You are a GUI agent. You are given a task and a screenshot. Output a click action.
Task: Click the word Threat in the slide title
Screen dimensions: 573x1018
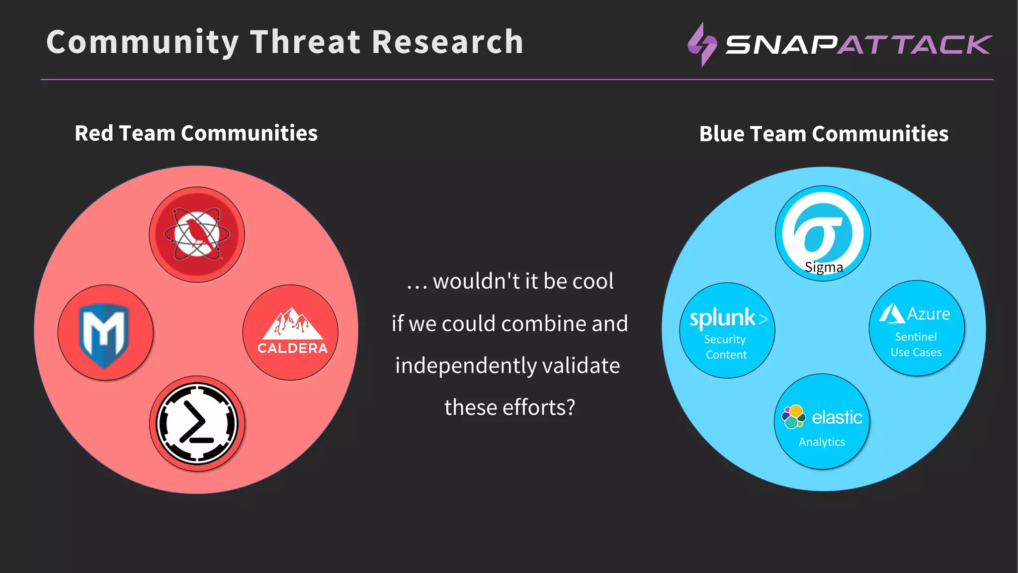[305, 42]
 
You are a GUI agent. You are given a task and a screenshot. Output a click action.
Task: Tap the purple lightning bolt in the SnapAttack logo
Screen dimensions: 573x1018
[702, 44]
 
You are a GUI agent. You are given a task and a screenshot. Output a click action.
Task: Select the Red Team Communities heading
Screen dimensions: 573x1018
[196, 133]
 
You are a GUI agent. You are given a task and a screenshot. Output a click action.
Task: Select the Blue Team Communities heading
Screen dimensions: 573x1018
[824, 134]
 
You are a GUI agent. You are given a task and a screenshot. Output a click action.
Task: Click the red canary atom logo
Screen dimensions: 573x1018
[197, 234]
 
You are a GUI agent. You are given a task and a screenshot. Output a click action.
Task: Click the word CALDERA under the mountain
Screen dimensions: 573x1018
[292, 348]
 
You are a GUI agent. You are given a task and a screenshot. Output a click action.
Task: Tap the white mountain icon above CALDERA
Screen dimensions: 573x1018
[292, 323]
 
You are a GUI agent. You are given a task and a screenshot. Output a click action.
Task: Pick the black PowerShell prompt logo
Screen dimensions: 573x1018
[197, 423]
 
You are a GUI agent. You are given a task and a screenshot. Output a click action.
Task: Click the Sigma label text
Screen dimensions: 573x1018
[824, 268]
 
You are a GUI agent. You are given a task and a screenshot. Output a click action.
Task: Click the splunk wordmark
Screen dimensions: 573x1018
[723, 318]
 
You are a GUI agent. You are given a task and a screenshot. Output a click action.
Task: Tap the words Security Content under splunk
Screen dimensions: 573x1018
[726, 347]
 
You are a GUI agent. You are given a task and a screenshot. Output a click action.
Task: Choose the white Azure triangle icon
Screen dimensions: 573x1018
[891, 314]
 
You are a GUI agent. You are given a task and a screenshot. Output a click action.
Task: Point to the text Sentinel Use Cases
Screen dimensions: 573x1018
[916, 344]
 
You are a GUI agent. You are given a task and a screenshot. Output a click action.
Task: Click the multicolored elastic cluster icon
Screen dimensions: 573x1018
[793, 417]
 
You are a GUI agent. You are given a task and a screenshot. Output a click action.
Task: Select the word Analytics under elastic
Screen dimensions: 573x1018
[822, 442]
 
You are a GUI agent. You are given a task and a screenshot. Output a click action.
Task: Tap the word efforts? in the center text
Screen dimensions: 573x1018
[539, 407]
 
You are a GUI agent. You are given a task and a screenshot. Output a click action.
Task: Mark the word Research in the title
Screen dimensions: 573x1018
[447, 42]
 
